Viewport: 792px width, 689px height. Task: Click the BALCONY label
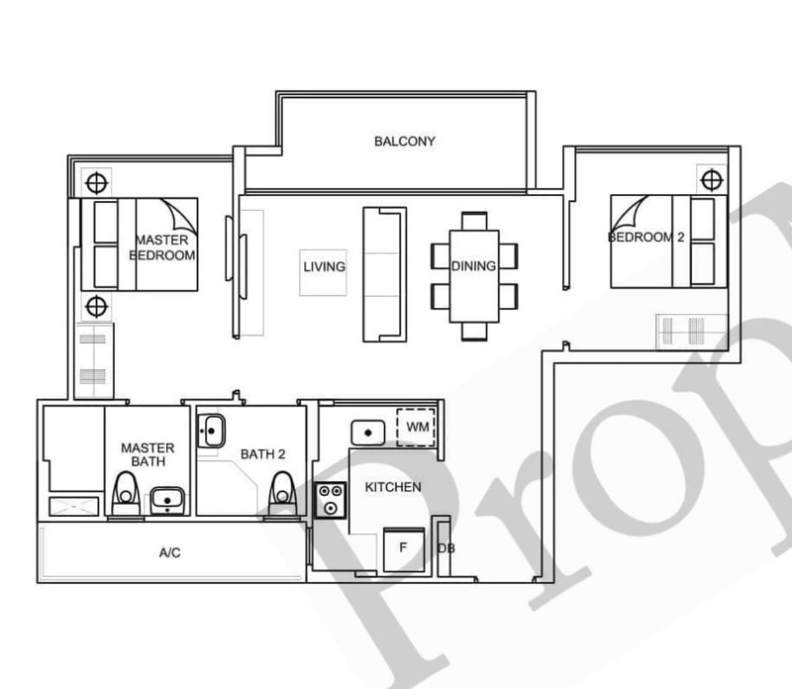coord(405,141)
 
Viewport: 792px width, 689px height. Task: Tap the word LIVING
coord(324,266)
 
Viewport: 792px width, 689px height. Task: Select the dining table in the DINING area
coord(474,276)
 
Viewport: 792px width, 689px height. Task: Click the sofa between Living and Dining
coord(384,274)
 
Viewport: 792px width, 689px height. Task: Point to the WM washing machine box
coord(416,428)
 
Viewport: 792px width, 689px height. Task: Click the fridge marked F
coord(404,549)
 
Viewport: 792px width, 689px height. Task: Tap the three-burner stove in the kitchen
coord(331,500)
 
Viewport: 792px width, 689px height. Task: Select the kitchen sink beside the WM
coord(367,433)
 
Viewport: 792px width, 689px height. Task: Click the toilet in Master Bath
coord(126,495)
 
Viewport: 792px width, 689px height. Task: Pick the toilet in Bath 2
coord(282,495)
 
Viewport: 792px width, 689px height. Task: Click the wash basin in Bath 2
coord(211,431)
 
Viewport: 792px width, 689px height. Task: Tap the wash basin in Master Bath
coord(167,500)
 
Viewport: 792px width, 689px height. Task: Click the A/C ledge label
coord(169,552)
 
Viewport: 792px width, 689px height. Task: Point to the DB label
coord(446,548)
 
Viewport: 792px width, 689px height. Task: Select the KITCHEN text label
coord(393,487)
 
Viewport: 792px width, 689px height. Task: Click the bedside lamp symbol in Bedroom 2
coord(711,179)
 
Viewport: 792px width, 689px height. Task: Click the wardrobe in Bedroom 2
coord(691,332)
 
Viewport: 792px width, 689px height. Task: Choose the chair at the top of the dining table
coord(474,221)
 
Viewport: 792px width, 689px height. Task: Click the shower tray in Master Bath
coord(73,507)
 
